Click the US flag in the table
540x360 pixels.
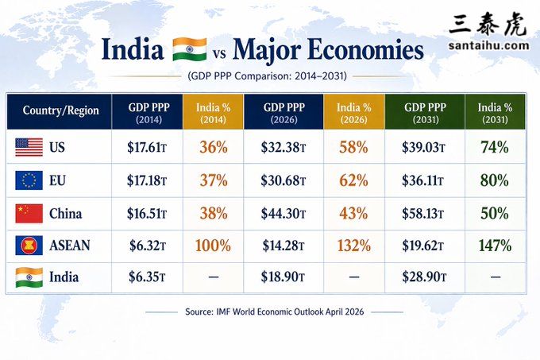(29, 147)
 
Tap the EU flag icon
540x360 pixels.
(29, 180)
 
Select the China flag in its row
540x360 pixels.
(29, 213)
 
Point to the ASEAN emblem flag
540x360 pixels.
(29, 246)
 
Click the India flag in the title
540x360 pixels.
(189, 49)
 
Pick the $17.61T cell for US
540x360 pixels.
(147, 147)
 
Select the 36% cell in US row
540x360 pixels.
(213, 147)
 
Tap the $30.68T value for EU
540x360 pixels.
(284, 180)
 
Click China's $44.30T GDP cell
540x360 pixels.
(284, 213)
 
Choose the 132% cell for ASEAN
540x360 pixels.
(353, 246)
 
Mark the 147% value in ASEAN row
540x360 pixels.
(494, 246)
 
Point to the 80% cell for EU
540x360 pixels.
(494, 180)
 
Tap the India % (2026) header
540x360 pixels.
(353, 111)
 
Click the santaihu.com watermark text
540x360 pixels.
(488, 45)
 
